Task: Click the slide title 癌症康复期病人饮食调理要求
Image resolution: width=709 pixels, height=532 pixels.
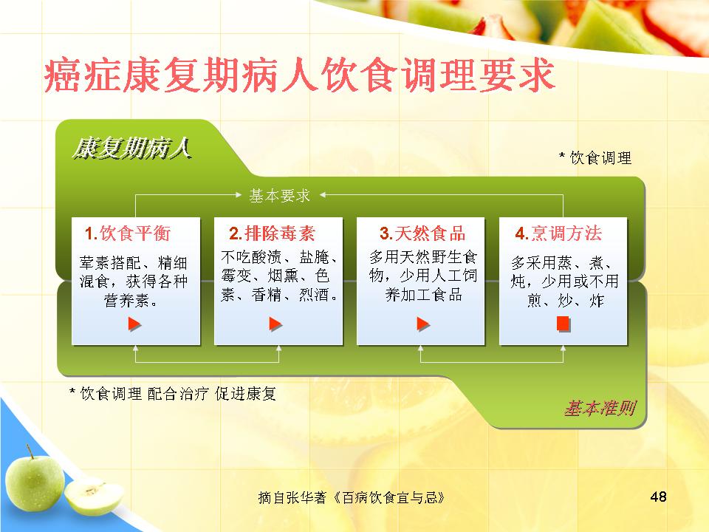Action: (x=299, y=75)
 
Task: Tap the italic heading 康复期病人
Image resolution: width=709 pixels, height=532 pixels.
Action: (x=131, y=148)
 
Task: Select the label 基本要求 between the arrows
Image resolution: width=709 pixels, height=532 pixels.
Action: (x=279, y=195)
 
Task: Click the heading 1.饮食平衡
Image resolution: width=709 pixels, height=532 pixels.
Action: (x=128, y=233)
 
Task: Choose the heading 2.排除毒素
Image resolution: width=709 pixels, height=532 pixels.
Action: (x=272, y=233)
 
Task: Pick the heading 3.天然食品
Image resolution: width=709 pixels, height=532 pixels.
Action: (x=422, y=233)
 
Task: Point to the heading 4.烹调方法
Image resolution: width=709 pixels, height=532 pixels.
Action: (x=558, y=233)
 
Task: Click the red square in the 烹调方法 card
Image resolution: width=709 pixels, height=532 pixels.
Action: (x=563, y=324)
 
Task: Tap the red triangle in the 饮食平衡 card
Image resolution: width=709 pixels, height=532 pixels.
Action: (x=134, y=324)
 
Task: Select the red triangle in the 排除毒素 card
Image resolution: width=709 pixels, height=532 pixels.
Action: (x=275, y=324)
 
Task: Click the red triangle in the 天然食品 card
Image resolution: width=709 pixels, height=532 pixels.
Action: (x=422, y=324)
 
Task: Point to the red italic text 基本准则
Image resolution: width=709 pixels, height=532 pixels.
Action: (x=600, y=409)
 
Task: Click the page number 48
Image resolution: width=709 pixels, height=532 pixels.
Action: (x=658, y=497)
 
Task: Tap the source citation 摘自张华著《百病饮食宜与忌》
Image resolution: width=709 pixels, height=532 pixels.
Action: (x=352, y=498)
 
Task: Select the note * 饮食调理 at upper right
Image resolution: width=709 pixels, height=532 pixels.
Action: (x=595, y=158)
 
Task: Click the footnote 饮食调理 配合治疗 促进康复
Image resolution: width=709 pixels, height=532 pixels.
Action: (x=173, y=394)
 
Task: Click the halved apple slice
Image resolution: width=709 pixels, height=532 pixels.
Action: (x=94, y=497)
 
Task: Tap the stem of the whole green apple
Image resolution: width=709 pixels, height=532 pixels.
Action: (x=30, y=451)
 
